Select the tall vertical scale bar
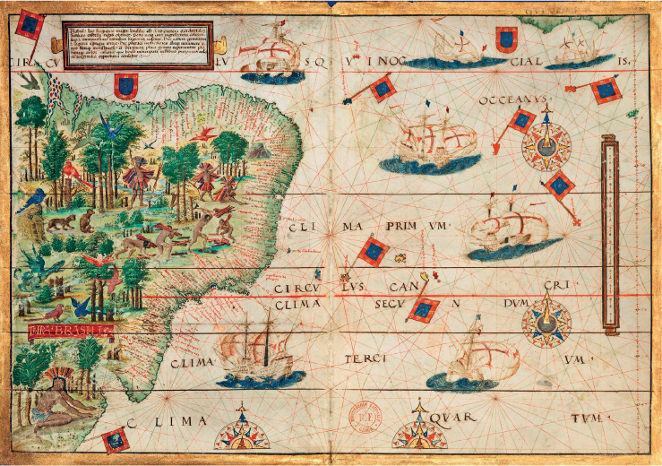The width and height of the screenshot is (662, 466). pyautogui.click(x=610, y=231)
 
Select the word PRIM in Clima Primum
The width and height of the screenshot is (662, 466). pyautogui.click(x=396, y=229)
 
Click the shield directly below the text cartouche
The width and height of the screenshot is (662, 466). pyautogui.click(x=125, y=86)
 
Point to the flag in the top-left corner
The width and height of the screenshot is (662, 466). pyautogui.click(x=30, y=27)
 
